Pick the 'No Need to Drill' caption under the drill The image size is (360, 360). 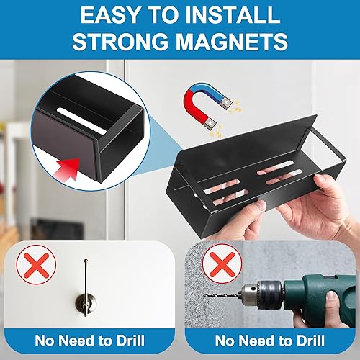pos(269,338)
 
